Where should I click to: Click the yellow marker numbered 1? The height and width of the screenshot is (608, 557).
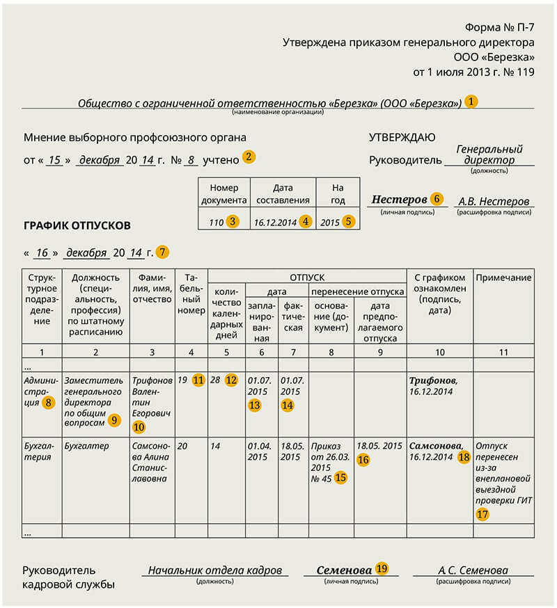pos(471,102)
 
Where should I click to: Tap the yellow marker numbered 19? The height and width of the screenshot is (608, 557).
pos(382,568)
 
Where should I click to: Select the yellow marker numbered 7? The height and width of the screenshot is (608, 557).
pos(162,252)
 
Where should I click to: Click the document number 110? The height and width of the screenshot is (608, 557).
pos(216,223)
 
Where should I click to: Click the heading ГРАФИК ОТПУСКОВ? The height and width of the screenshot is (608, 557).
pos(77,225)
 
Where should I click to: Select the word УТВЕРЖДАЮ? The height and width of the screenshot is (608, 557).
pos(402,138)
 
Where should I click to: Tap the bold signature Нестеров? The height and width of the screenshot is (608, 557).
pos(398,199)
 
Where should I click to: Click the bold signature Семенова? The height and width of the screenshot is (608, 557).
pos(344,570)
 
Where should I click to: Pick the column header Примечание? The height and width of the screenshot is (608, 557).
pos(503,278)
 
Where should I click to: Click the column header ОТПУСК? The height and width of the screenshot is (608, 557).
pos(307,277)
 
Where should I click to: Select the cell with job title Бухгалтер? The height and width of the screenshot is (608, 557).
pos(86,446)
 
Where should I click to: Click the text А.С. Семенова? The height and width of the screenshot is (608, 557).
pos(473,570)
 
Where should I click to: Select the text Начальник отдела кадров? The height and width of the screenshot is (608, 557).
pos(217,570)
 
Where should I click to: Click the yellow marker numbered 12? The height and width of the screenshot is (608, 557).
pos(231,381)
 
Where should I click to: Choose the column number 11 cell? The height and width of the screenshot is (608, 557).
pos(503,351)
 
